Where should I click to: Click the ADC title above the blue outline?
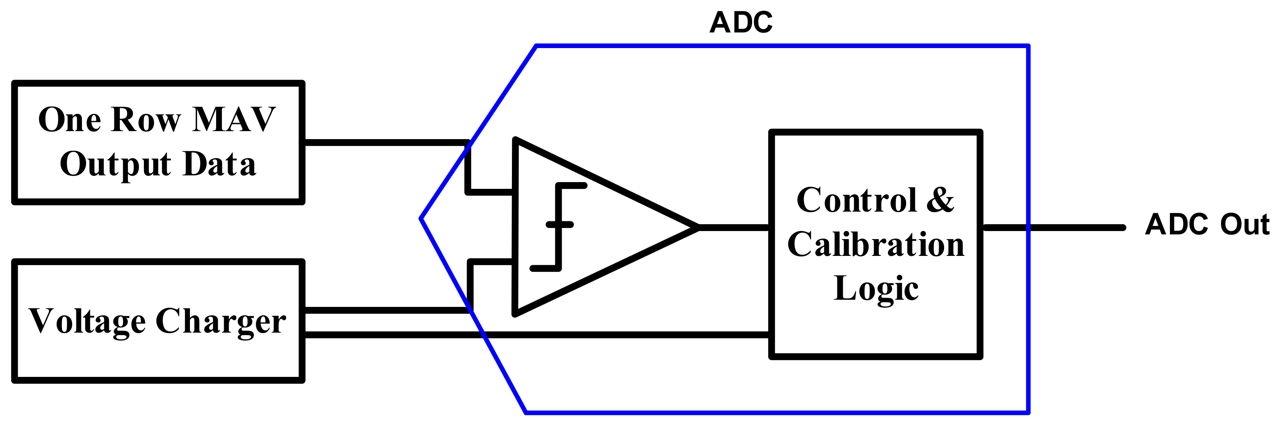[x=741, y=23]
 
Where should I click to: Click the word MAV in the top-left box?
[x=234, y=120]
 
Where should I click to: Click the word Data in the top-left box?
[x=219, y=164]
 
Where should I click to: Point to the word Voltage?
[x=87, y=322]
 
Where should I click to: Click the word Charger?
[x=221, y=322]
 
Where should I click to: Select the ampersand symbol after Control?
[x=940, y=200]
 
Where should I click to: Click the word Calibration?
[x=876, y=245]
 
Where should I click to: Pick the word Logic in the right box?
[x=876, y=289]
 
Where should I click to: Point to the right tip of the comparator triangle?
[x=697, y=228]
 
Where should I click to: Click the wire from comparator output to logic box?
[x=735, y=228]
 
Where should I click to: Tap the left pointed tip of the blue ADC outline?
[x=421, y=218]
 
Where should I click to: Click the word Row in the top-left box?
[x=146, y=120]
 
